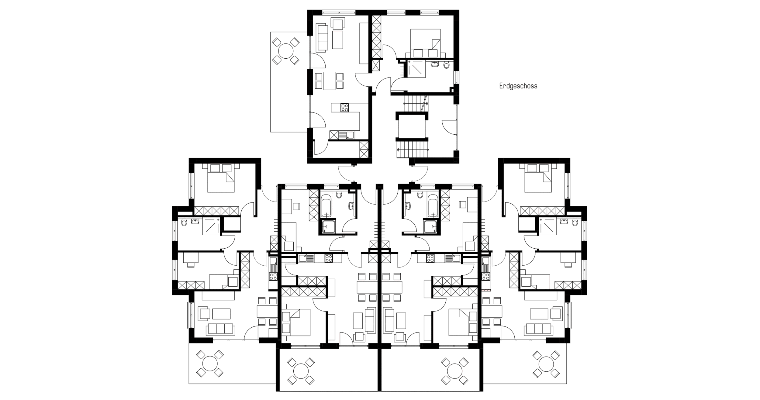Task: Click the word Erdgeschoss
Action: (x=518, y=86)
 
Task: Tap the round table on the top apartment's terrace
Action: (x=286, y=51)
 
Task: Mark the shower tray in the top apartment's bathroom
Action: (x=416, y=69)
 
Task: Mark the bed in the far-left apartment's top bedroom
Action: (x=221, y=181)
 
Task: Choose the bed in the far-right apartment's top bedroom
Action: (x=538, y=181)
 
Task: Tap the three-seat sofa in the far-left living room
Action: (x=221, y=329)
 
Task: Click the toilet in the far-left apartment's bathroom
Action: (x=184, y=223)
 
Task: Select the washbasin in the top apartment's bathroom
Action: (x=435, y=64)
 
